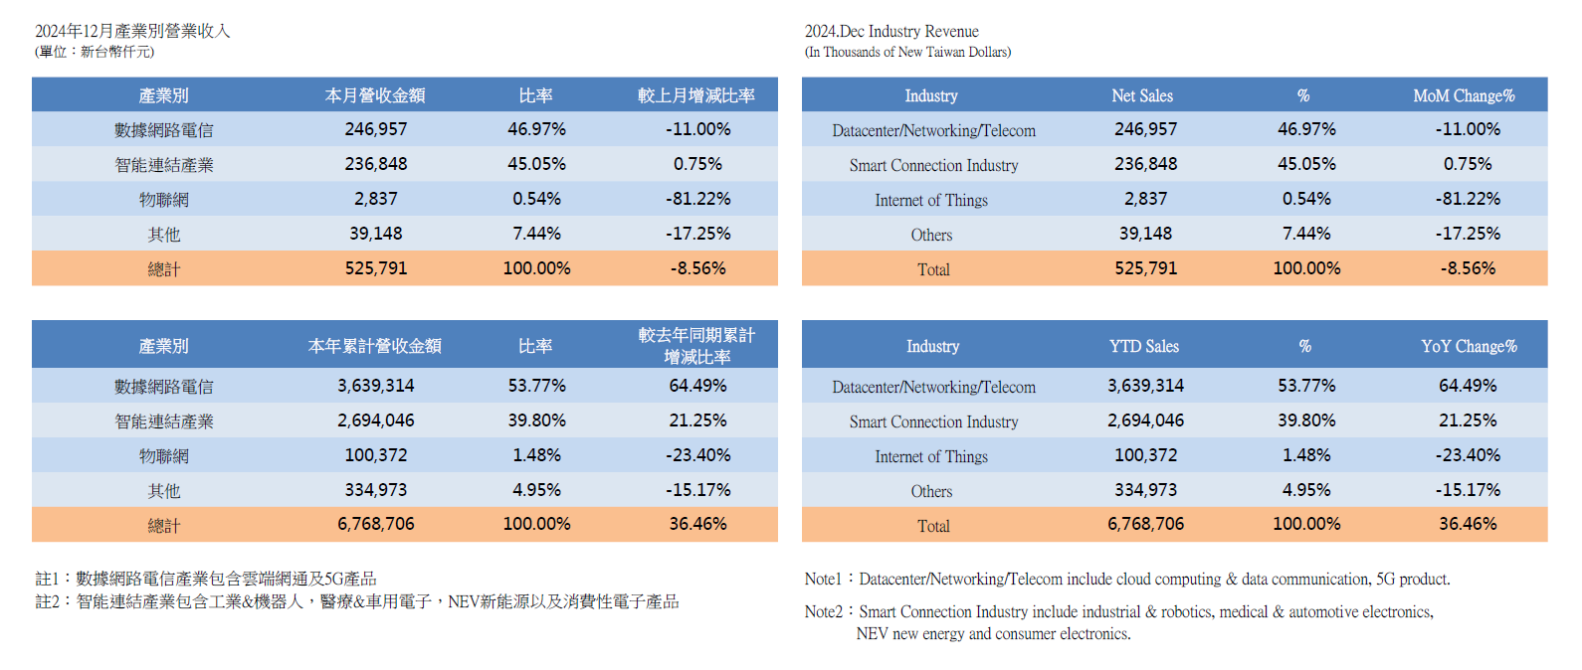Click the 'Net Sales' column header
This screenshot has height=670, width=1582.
click(x=1142, y=95)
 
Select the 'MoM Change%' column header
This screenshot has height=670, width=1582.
click(x=1464, y=95)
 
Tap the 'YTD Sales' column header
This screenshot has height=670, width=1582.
click(x=1144, y=346)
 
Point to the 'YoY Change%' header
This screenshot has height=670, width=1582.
click(x=1469, y=346)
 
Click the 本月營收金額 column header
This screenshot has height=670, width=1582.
click(x=375, y=95)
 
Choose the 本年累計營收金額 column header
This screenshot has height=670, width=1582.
click(x=375, y=346)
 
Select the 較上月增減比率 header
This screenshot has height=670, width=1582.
click(x=696, y=95)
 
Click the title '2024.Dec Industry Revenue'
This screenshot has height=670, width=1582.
click(x=891, y=32)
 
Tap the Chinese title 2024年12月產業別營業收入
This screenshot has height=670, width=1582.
click(x=132, y=31)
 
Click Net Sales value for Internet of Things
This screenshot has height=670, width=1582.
click(x=1145, y=199)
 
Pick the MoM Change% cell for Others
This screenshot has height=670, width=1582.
click(x=1468, y=234)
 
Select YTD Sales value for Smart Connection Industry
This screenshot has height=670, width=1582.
click(x=1145, y=420)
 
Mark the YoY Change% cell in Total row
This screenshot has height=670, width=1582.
click(x=1468, y=524)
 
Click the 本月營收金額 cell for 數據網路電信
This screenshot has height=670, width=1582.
click(x=376, y=129)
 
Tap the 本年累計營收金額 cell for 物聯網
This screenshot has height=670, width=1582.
click(x=376, y=455)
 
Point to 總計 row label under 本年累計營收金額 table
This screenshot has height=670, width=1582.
click(x=164, y=525)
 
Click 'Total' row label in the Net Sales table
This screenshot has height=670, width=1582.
click(x=933, y=269)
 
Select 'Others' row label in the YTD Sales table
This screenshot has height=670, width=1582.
click(x=931, y=491)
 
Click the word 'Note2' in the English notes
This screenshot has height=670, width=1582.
click(x=823, y=611)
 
